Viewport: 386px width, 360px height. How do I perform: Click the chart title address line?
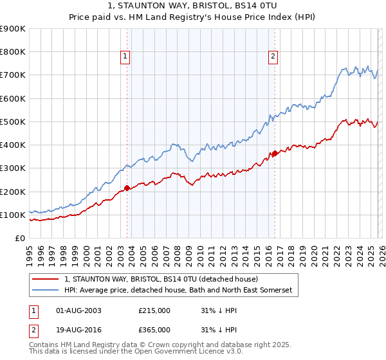pos(192,6)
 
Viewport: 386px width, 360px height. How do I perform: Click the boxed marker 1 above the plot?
pos(126,57)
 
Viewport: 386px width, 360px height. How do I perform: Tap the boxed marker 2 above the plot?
pos(273,57)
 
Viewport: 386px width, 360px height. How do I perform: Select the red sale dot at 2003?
pos(127,188)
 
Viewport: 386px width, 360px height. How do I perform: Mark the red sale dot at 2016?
pos(275,153)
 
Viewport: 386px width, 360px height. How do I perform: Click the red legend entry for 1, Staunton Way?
pos(161,279)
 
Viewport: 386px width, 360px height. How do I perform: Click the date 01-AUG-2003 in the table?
pos(78,310)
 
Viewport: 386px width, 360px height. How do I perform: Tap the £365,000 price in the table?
pos(154,329)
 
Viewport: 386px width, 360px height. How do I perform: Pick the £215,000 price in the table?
pos(154,310)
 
